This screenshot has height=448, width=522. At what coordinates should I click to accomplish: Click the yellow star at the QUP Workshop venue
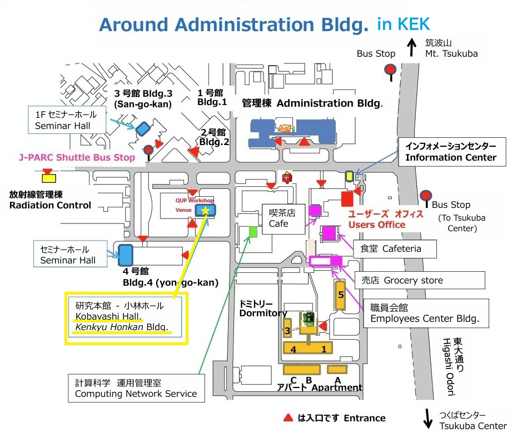tap(205, 210)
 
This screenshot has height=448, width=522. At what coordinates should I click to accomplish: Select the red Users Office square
tap(347, 199)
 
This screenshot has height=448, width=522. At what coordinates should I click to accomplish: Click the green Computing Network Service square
tap(253, 232)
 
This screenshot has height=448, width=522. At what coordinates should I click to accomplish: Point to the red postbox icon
tap(287, 177)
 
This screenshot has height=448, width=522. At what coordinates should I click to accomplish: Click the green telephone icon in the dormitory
tap(309, 319)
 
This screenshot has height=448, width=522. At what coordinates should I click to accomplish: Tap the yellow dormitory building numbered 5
tap(340, 295)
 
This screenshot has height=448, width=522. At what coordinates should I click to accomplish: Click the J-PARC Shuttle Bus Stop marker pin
tap(148, 153)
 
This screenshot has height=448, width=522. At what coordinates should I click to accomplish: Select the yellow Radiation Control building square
tap(49, 178)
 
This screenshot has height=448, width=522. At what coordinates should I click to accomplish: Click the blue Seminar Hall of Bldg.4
tap(126, 255)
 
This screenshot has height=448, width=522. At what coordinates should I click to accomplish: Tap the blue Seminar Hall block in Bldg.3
tap(143, 129)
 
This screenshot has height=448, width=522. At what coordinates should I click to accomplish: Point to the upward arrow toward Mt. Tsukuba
tap(412, 47)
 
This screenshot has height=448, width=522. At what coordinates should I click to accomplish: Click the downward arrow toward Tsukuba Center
tap(428, 419)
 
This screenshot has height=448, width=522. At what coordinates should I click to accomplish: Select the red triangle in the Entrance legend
tap(288, 418)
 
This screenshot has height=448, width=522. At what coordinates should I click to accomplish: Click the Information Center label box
tap(452, 152)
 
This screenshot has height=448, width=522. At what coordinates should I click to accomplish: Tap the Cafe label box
tap(284, 218)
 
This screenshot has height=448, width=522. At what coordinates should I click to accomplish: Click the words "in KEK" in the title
tap(404, 24)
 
